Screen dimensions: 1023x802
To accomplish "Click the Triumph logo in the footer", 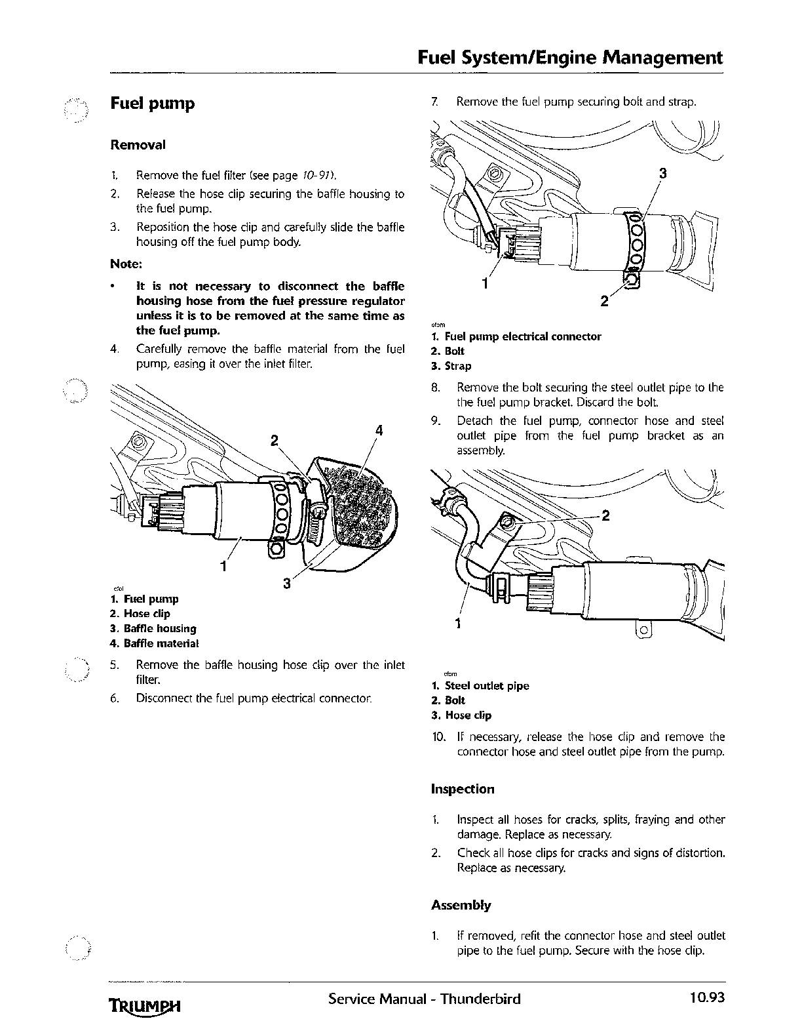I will click(144, 1005).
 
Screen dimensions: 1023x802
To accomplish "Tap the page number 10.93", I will click(706, 998).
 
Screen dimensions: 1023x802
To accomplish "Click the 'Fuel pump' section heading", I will click(152, 104).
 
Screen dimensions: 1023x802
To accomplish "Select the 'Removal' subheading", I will click(138, 145).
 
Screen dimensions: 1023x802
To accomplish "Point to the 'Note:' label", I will click(126, 264).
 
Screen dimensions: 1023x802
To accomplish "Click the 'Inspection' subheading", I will click(463, 789).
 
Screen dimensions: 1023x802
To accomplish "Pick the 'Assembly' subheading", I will click(461, 905).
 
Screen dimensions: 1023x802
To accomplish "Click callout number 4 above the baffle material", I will click(379, 431).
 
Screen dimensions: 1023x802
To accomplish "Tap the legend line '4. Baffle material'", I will click(154, 643).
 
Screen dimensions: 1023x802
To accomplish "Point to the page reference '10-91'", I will click(317, 175).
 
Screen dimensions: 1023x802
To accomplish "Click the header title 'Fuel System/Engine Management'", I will click(570, 58).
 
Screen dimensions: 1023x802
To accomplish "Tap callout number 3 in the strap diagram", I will click(663, 174).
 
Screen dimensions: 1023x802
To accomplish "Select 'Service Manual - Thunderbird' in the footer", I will click(425, 999).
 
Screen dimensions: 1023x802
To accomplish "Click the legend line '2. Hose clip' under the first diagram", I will click(140, 614).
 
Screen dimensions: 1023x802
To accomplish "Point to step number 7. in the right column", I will click(434, 102).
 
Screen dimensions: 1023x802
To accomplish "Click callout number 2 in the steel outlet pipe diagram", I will click(605, 515).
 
